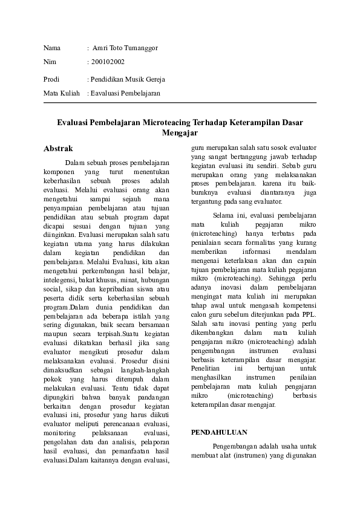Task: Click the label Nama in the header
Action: (x=53, y=48)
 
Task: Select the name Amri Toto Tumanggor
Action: (x=128, y=48)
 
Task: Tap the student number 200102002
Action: (x=108, y=62)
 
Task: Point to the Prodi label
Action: (x=53, y=79)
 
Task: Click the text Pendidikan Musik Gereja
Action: (x=128, y=79)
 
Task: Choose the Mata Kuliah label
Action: (x=62, y=93)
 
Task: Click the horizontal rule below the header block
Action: (x=180, y=103)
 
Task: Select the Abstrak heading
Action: (x=59, y=148)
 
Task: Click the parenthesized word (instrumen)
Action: (x=251, y=457)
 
